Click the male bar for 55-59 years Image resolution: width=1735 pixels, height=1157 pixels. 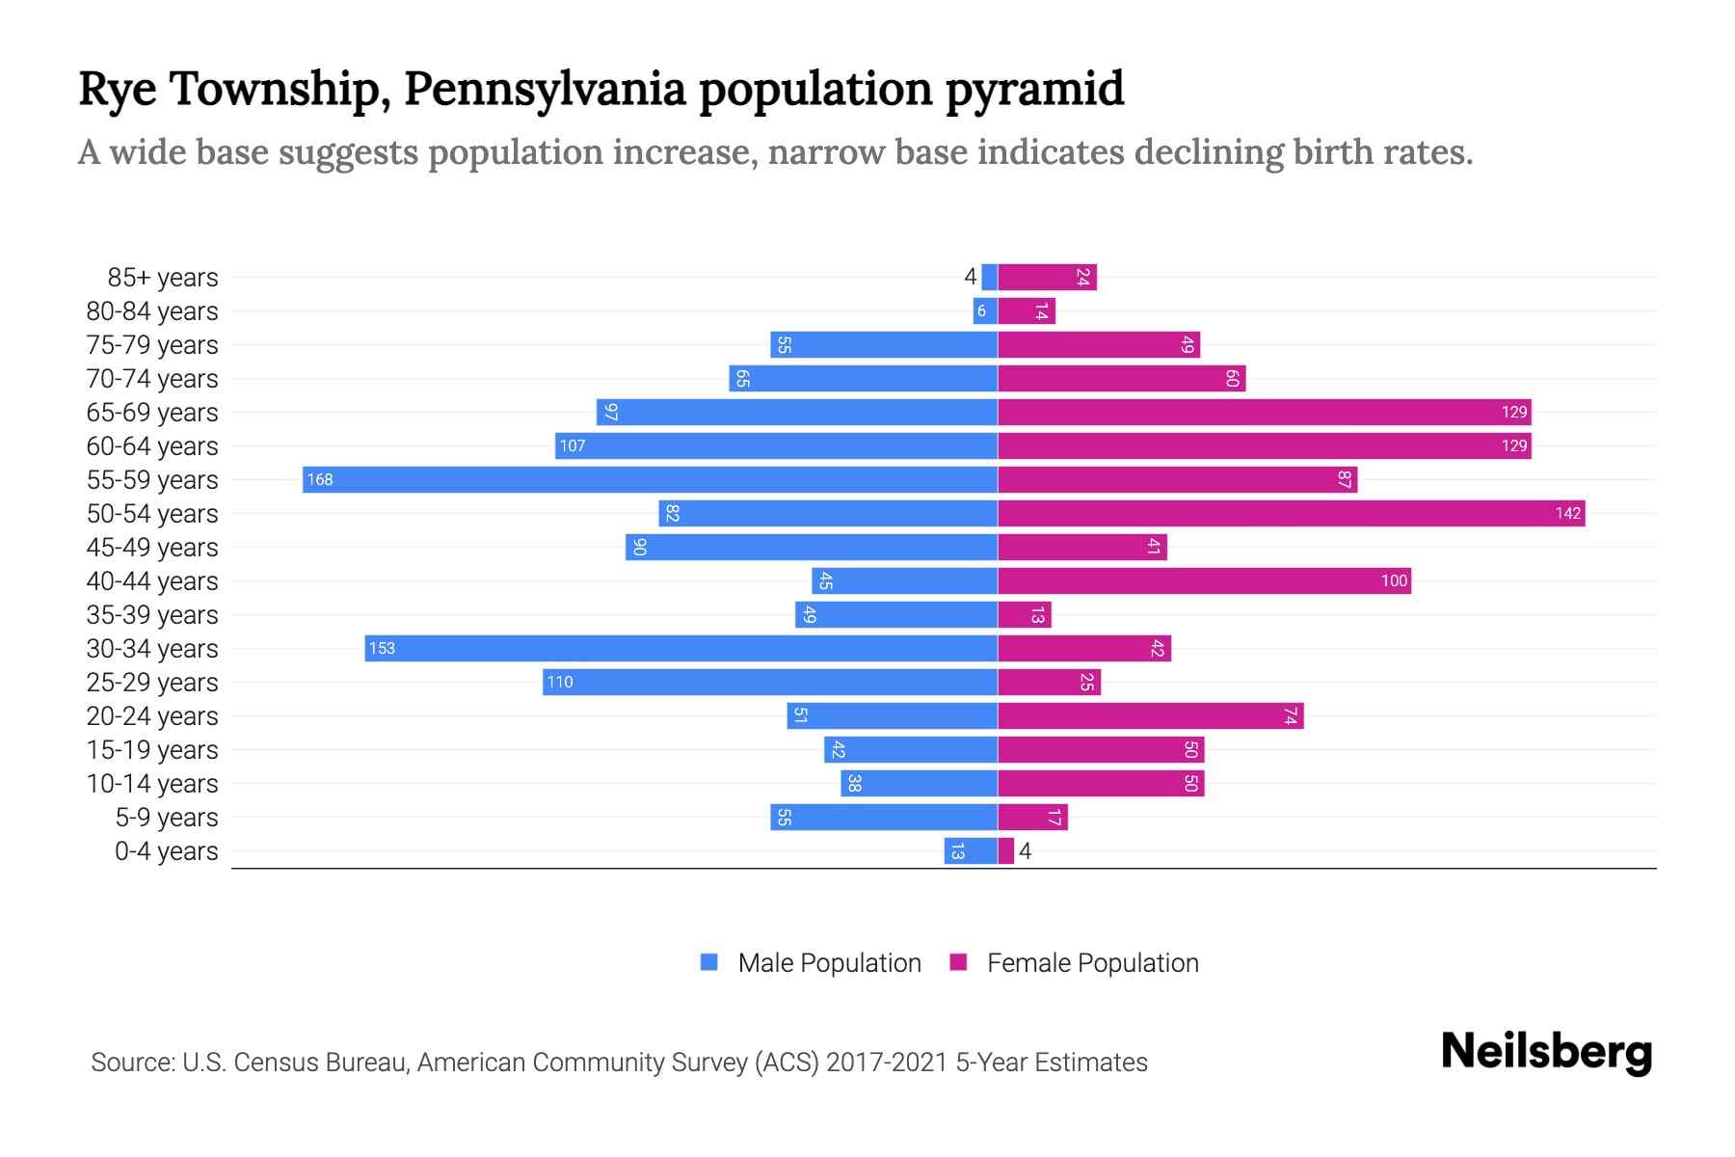pos(650,479)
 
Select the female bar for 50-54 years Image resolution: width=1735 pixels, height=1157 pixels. pos(1292,513)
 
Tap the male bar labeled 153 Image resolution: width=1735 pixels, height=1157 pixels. pos(681,648)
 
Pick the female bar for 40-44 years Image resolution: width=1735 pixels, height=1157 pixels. pos(1204,580)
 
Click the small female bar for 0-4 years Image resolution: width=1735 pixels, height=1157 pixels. pos(1006,851)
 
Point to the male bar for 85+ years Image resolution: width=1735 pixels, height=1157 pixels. pos(989,277)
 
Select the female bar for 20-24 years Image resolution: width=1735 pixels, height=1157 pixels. pos(1150,715)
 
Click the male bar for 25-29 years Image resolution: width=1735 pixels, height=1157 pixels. pos(769,682)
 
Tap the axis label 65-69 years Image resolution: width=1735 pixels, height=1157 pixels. pos(152,413)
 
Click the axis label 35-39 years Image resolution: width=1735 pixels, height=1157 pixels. pos(152,615)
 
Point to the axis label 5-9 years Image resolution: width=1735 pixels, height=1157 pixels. pos(166,818)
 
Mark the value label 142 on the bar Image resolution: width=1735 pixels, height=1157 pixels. pos(1567,513)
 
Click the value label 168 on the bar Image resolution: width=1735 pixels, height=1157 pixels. pos(320,479)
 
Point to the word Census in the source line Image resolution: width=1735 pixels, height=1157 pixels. pos(276,1063)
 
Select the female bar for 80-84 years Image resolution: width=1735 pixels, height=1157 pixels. pos(1027,310)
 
